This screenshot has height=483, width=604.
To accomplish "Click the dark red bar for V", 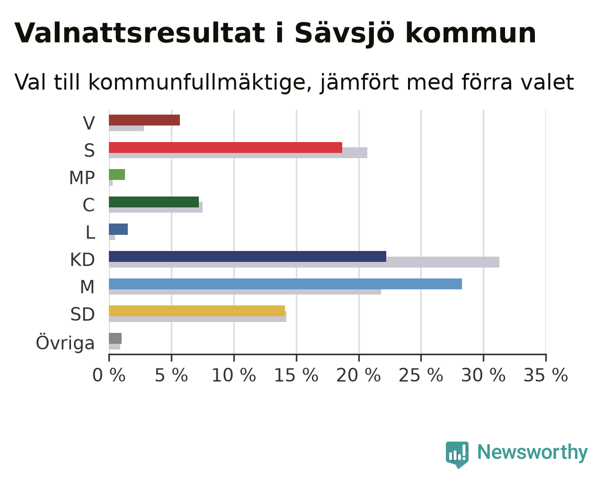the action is pyautogui.click(x=144, y=120).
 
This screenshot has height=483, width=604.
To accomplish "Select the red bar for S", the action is pyautogui.click(x=226, y=147).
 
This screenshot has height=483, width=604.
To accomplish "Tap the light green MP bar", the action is pyautogui.click(x=117, y=175).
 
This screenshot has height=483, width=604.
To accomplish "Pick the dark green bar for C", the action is pyautogui.click(x=154, y=202).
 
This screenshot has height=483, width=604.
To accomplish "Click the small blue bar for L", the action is pyautogui.click(x=118, y=229).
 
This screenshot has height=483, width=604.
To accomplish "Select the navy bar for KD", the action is pyautogui.click(x=248, y=256).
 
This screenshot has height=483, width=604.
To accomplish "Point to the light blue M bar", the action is pyautogui.click(x=285, y=284).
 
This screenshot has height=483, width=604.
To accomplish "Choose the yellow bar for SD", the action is pyautogui.click(x=197, y=311).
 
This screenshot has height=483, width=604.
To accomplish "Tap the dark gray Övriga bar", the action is pyautogui.click(x=115, y=339).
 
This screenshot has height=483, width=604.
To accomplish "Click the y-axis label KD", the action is pyautogui.click(x=82, y=260).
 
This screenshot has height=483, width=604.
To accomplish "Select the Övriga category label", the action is pyautogui.click(x=65, y=343).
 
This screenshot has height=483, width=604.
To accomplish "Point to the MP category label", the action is pyautogui.click(x=82, y=178).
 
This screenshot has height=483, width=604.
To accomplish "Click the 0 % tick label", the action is pyautogui.click(x=109, y=376).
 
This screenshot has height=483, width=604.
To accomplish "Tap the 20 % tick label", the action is pyautogui.click(x=358, y=376).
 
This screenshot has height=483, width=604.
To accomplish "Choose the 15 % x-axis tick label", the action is pyautogui.click(x=296, y=376).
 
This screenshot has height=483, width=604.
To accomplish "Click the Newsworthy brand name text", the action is pyautogui.click(x=533, y=452).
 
